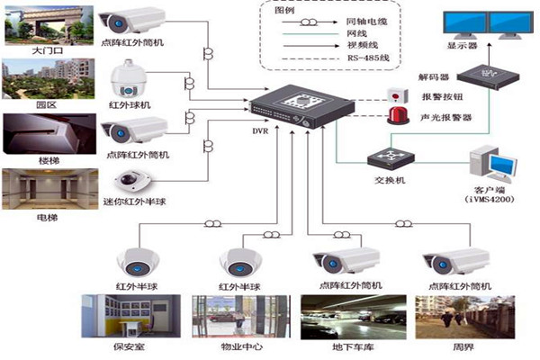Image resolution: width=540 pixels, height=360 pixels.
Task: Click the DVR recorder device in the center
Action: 285,110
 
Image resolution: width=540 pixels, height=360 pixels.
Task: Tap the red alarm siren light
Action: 394,115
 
